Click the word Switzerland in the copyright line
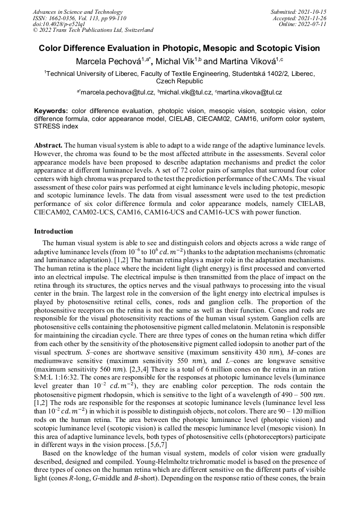click(135, 30)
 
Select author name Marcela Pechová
click(106, 62)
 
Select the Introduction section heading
click(54, 231)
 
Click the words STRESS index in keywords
click(56, 126)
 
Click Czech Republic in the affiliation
click(179, 81)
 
